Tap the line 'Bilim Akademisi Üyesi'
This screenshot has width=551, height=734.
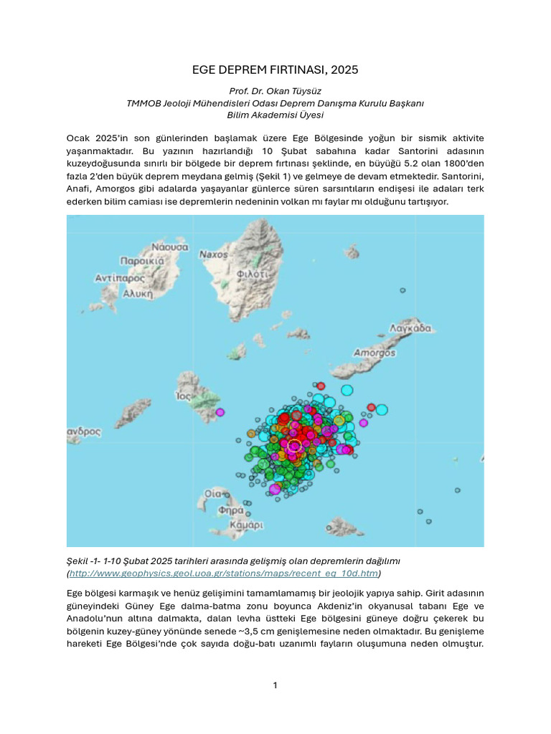click(x=275, y=115)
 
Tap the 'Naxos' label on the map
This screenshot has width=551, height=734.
click(x=213, y=254)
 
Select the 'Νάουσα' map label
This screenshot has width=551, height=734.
click(x=169, y=247)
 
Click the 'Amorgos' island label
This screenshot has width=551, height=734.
click(x=375, y=353)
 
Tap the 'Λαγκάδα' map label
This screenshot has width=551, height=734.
click(x=410, y=328)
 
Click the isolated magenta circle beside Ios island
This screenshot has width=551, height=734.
click(x=220, y=412)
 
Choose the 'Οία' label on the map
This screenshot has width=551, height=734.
click(x=213, y=494)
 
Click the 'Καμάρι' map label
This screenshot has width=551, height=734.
click(x=246, y=525)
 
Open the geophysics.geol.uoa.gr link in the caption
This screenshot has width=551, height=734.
click(x=223, y=573)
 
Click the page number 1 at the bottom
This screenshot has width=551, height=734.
click(x=275, y=685)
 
